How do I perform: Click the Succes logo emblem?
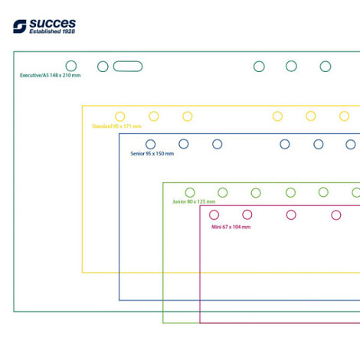coord(20,26)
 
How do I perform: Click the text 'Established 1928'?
coord(52,31)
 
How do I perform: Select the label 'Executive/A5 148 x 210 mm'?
coord(51,75)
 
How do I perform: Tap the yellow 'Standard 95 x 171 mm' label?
coord(116,126)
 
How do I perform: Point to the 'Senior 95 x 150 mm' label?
coord(152,153)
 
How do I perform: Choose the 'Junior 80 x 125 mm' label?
coord(194,201)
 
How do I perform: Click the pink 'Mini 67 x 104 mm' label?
coord(231,227)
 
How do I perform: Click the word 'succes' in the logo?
coord(53,24)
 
